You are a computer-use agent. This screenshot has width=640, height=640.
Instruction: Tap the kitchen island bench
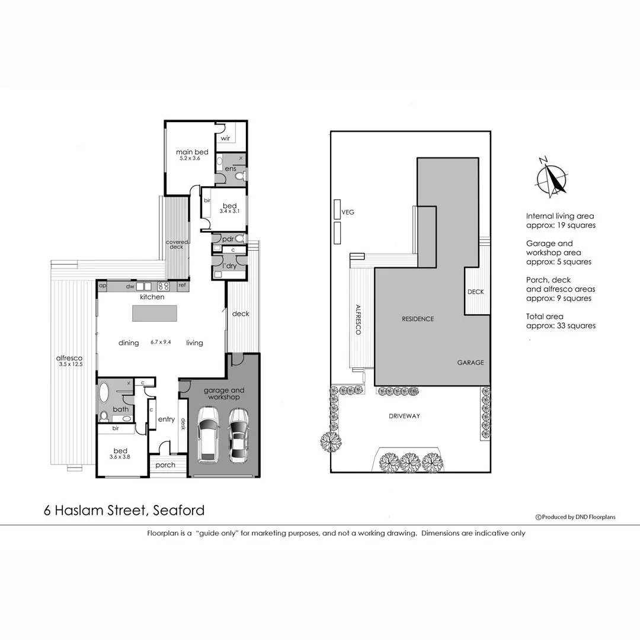coord(155,313)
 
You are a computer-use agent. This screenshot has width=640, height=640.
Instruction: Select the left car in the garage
coord(209,434)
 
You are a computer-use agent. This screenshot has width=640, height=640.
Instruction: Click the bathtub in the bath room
coord(104,392)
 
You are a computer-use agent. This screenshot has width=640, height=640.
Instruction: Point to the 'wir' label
coord(225,138)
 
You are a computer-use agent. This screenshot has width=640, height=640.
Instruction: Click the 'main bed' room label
coord(192,152)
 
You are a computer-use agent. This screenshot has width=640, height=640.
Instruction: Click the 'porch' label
coord(165,465)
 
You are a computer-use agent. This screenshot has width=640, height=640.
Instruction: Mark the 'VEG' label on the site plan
coord(348,212)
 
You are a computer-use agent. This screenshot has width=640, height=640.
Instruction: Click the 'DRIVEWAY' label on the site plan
coord(405,416)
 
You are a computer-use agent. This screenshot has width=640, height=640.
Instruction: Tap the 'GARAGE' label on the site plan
coord(470,363)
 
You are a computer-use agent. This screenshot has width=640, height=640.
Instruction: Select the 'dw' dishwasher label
coord(130,287)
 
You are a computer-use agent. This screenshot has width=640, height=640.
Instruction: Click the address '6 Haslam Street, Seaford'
coord(124,510)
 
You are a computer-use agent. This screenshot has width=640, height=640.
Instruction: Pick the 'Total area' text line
coord(545,316)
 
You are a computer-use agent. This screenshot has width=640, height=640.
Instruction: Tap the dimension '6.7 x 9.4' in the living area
coord(161,342)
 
